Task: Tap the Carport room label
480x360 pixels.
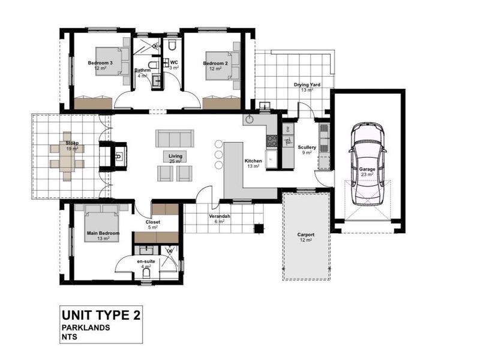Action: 305,237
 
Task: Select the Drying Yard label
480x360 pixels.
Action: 307,88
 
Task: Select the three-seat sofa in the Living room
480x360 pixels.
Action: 175,139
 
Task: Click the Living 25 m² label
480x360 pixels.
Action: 175,158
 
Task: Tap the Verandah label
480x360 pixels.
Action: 220,218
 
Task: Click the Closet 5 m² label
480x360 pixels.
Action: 153,224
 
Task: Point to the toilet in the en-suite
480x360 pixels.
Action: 148,274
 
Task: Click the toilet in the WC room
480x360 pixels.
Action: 172,46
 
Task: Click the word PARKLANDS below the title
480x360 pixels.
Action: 86,328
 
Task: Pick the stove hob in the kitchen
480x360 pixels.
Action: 272,141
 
